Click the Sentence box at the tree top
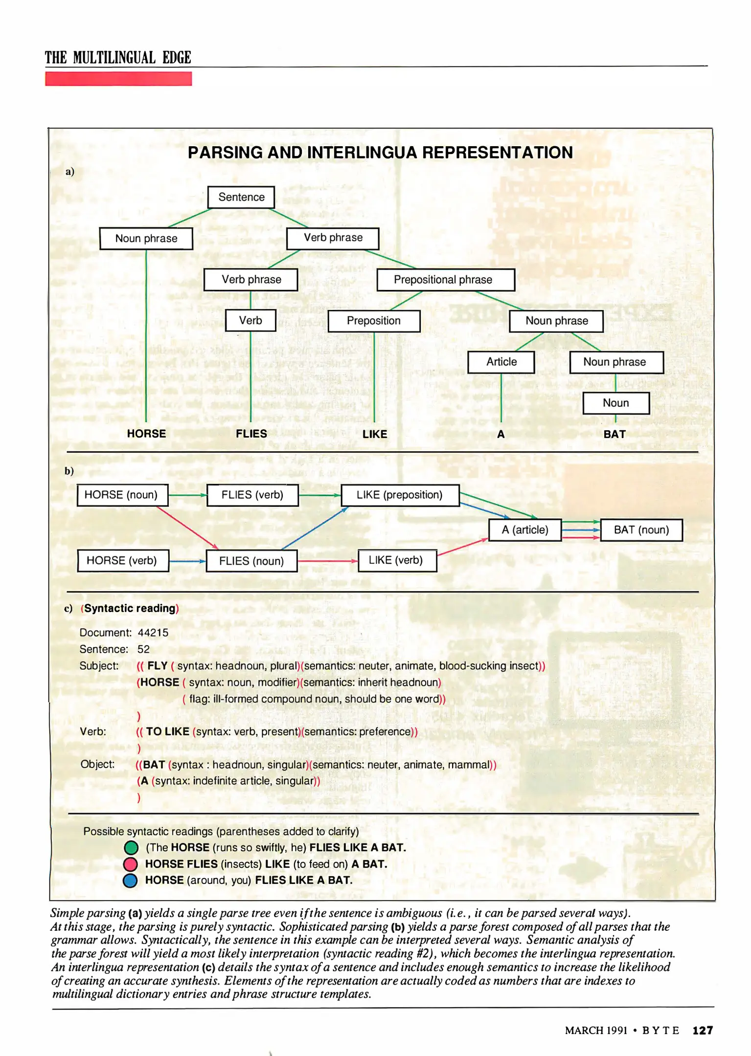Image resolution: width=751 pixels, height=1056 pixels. [x=241, y=197]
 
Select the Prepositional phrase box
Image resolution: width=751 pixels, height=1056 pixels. [x=445, y=280]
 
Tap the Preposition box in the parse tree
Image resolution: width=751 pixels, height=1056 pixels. [x=374, y=321]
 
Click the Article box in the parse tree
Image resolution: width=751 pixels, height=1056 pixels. [x=501, y=362]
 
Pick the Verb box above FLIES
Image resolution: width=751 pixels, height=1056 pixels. [x=250, y=321]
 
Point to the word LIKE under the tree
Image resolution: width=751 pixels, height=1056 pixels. [x=375, y=434]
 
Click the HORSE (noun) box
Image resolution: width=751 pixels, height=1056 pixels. [x=122, y=495]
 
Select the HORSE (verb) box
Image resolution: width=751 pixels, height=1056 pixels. [x=123, y=560]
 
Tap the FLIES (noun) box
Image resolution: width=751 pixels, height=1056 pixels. [x=251, y=561]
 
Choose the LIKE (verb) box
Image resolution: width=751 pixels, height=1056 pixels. [x=397, y=560]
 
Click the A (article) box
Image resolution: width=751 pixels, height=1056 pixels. [x=525, y=530]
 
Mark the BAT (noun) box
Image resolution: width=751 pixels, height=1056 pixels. [x=641, y=530]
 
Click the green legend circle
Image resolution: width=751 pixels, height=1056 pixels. [x=131, y=848]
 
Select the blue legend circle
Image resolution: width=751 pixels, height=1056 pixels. [x=130, y=880]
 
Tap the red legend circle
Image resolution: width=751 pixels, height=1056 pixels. [x=130, y=864]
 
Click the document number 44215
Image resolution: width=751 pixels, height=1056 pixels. [x=153, y=633]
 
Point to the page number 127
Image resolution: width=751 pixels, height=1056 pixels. [x=703, y=1031]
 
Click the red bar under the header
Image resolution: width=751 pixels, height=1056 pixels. [x=118, y=79]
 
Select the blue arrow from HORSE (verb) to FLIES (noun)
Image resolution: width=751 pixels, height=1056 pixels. [x=187, y=561]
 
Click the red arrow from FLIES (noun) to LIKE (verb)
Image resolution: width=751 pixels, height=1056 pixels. [x=327, y=561]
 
